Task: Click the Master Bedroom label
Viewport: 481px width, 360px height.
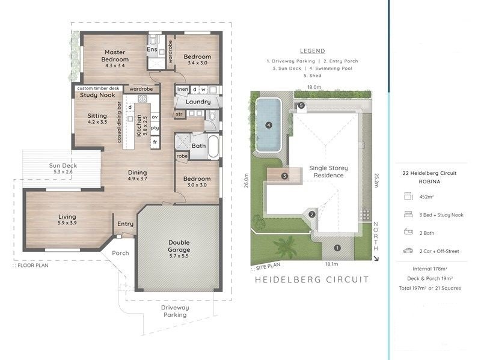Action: (x=114, y=55)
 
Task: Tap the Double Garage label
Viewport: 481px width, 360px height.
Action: (x=178, y=246)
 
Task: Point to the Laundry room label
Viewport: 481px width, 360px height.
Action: (x=198, y=102)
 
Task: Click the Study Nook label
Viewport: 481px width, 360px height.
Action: (x=97, y=96)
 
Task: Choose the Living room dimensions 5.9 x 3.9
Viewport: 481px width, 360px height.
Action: (x=67, y=224)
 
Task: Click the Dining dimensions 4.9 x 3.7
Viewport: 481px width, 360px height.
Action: (x=137, y=179)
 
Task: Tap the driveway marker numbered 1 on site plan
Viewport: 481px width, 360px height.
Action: (x=337, y=247)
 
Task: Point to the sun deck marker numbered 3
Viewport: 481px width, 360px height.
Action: (x=284, y=175)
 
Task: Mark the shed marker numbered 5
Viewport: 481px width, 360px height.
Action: (x=301, y=106)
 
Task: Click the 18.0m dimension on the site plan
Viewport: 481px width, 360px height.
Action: (x=314, y=87)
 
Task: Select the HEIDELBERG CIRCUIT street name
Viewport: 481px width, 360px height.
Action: (x=311, y=279)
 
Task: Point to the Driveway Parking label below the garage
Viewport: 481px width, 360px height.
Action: (x=174, y=311)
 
